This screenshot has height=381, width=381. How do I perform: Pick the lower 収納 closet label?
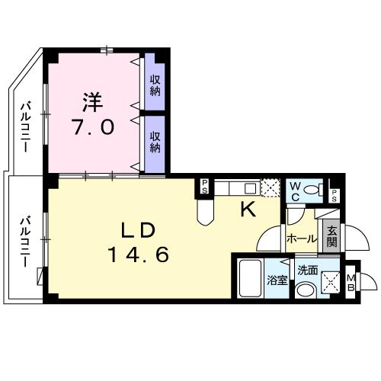tap(155, 142)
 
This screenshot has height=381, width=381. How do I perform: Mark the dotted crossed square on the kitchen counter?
tap(271, 187)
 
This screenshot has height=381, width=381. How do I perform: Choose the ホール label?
tap(302, 238)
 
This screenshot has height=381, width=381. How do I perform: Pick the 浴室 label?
tap(277, 280)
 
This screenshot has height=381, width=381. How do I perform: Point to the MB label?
tap(351, 281)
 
